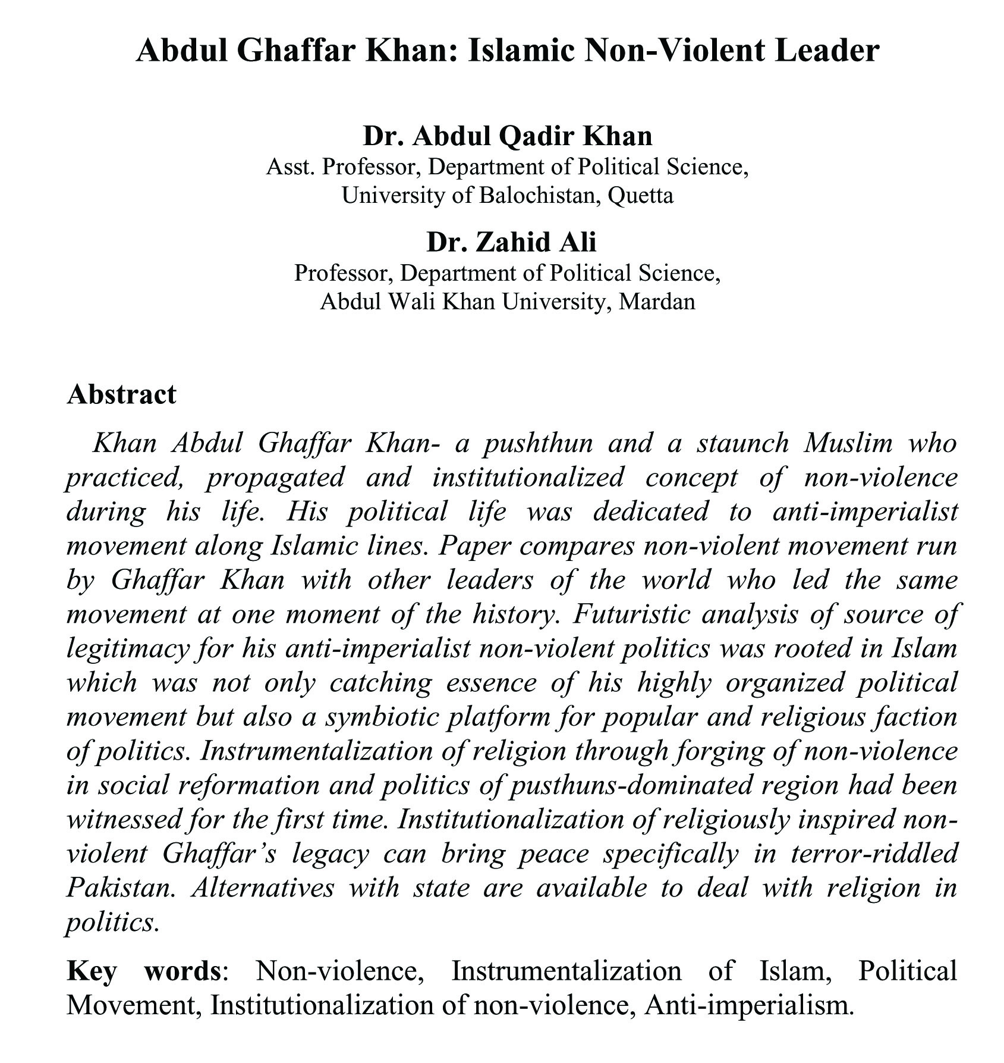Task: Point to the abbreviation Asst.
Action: click(x=289, y=167)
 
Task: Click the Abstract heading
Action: click(x=121, y=394)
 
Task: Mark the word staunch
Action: click(x=739, y=444)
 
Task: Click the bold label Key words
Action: click(x=143, y=971)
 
